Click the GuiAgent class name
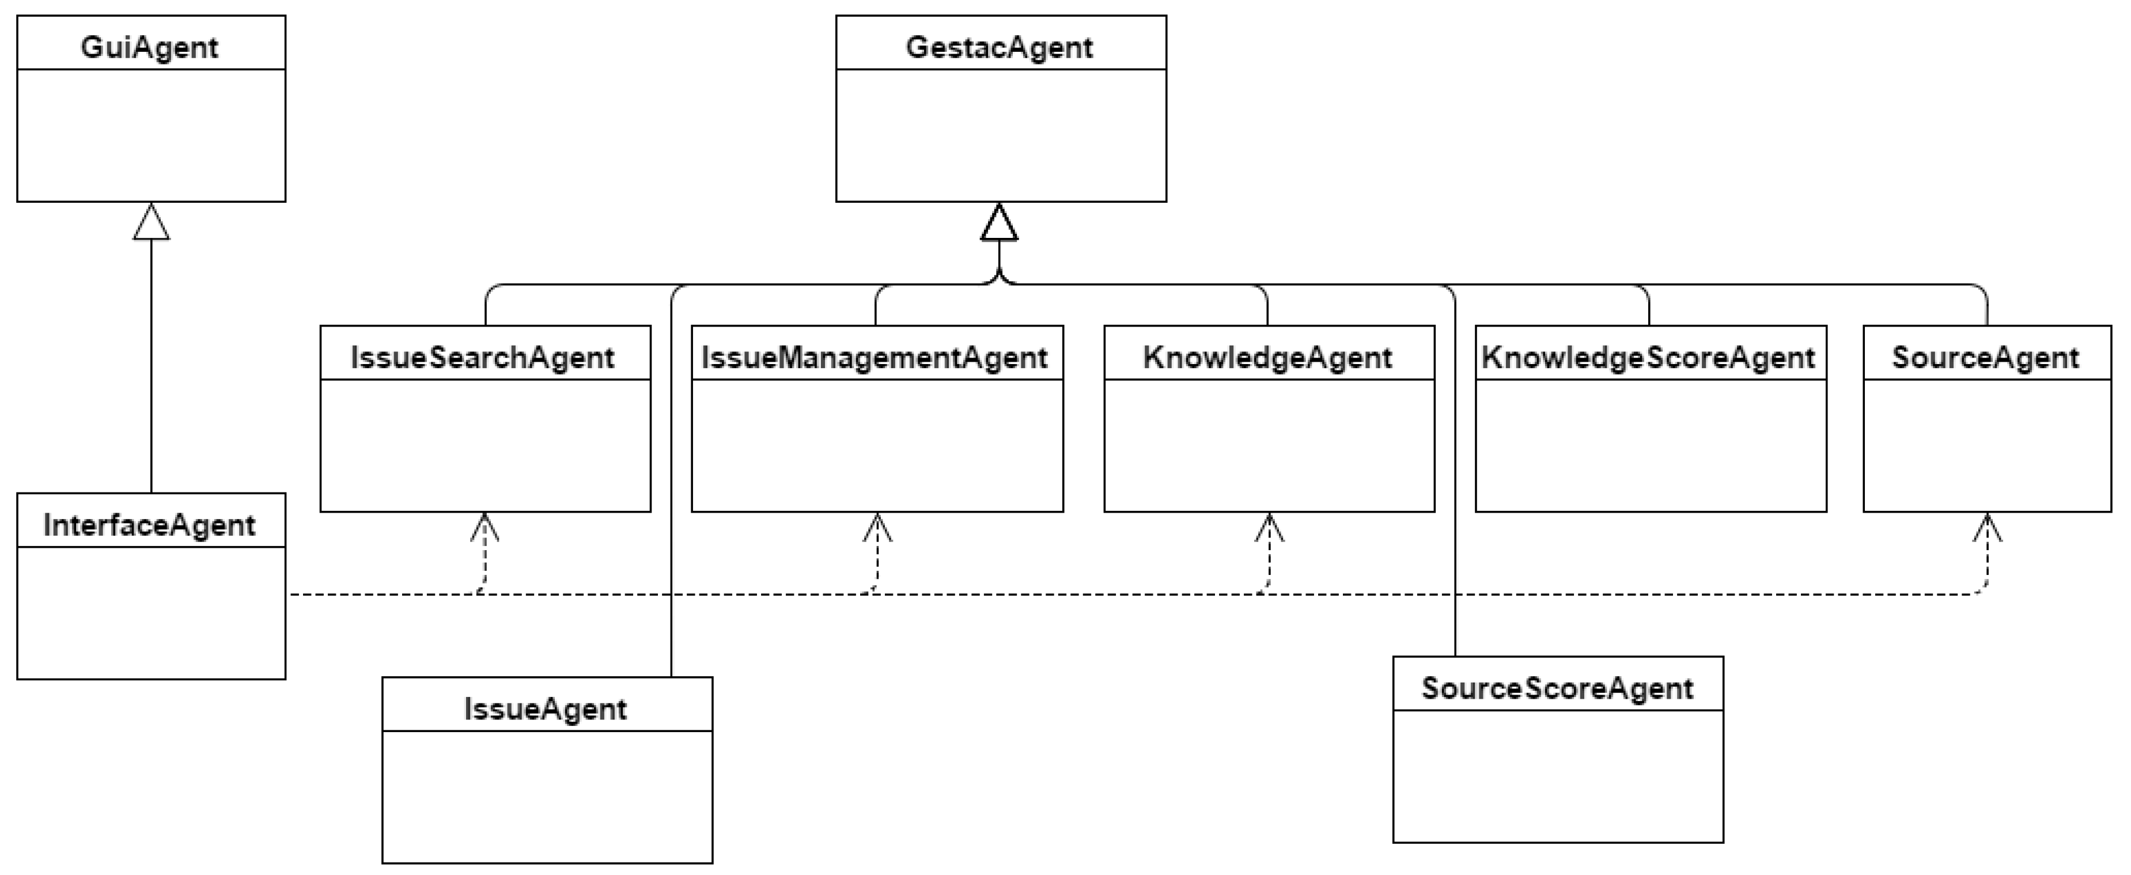click(150, 47)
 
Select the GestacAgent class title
click(1000, 47)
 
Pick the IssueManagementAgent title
click(875, 357)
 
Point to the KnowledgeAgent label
click(1267, 357)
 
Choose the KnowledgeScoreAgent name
click(1649, 357)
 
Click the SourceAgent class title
click(1985, 357)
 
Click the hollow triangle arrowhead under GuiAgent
click(152, 224)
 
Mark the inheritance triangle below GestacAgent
click(1000, 224)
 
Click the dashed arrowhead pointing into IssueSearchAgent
click(485, 527)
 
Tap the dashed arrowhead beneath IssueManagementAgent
click(878, 527)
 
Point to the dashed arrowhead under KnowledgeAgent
click(1269, 527)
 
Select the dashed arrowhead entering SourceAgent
click(1987, 527)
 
